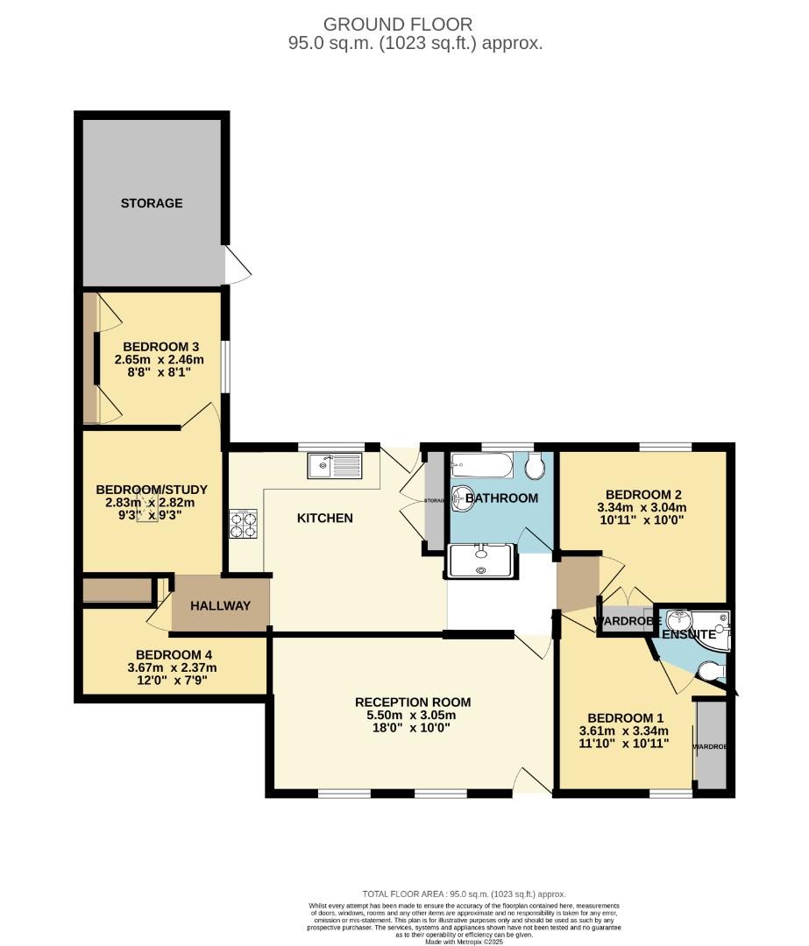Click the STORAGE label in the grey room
[152, 203]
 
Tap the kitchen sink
[334, 465]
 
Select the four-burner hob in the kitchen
[244, 524]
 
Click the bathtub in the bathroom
[480, 465]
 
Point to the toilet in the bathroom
[536, 466]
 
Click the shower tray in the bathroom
[479, 561]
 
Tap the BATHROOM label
[501, 498]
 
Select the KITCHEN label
[324, 518]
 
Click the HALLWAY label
[221, 605]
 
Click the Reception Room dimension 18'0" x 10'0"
[412, 727]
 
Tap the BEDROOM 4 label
[173, 654]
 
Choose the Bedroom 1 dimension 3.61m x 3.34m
[624, 731]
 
